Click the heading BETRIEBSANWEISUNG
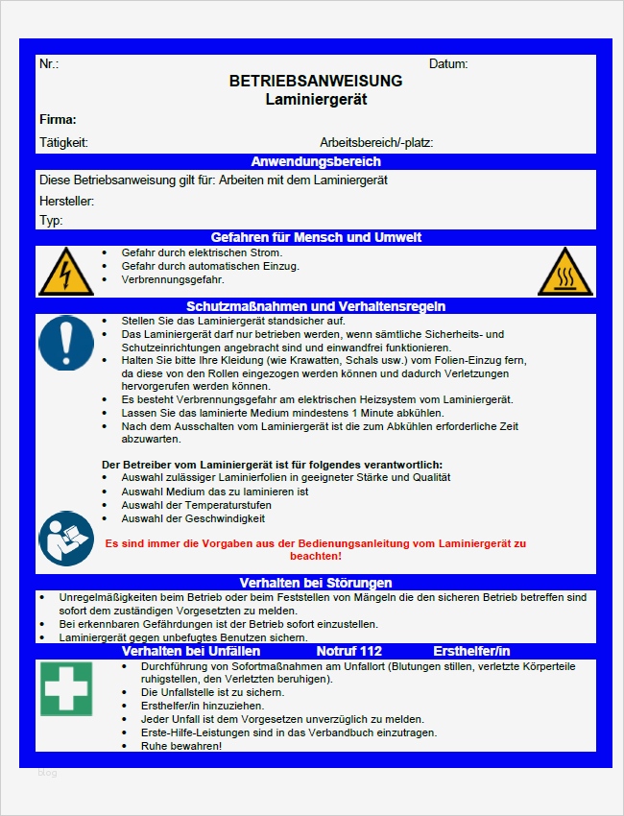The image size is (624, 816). (x=316, y=82)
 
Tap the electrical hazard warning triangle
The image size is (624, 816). (x=65, y=272)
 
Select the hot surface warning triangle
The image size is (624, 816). (x=564, y=272)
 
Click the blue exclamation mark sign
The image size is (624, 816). (x=65, y=343)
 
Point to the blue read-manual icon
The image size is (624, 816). (x=65, y=539)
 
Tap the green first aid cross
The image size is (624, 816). (x=66, y=688)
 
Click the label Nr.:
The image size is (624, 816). (x=49, y=63)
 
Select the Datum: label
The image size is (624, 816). (x=448, y=63)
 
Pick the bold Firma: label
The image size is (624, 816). (x=58, y=120)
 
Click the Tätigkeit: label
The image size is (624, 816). (x=63, y=142)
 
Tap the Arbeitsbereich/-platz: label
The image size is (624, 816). (x=376, y=142)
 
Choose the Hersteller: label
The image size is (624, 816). (x=66, y=201)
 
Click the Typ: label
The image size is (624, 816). (x=51, y=220)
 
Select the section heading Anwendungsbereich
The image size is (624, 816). (x=316, y=161)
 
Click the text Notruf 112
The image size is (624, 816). (x=355, y=650)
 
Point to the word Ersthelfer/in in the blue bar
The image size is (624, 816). (x=471, y=650)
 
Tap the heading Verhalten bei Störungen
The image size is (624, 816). (x=316, y=582)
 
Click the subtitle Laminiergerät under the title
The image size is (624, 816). (x=316, y=99)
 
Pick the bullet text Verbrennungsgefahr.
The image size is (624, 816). (x=173, y=279)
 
